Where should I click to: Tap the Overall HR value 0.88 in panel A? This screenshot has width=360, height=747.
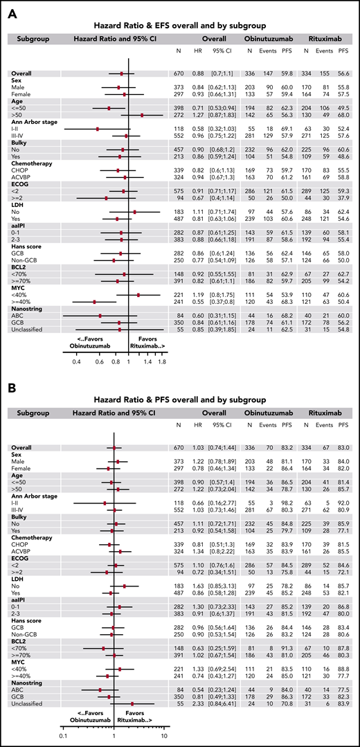(198, 73)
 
